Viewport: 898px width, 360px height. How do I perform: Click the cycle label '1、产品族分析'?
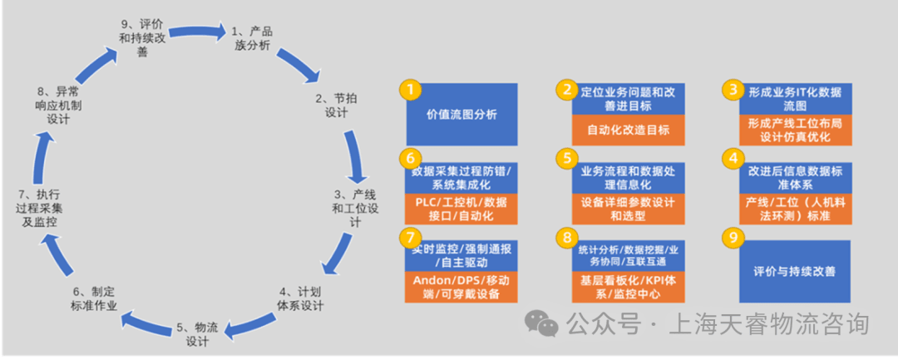[x=252, y=38]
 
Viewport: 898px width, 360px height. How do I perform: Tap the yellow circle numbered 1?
[x=410, y=89]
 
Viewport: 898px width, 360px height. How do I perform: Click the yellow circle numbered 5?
[x=566, y=156]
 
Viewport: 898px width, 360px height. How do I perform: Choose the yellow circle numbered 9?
[x=733, y=237]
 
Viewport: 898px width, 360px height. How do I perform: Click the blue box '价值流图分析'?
[x=461, y=114]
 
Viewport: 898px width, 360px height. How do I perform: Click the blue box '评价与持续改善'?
[x=794, y=271]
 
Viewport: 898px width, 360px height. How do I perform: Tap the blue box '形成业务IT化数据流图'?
[x=795, y=98]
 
